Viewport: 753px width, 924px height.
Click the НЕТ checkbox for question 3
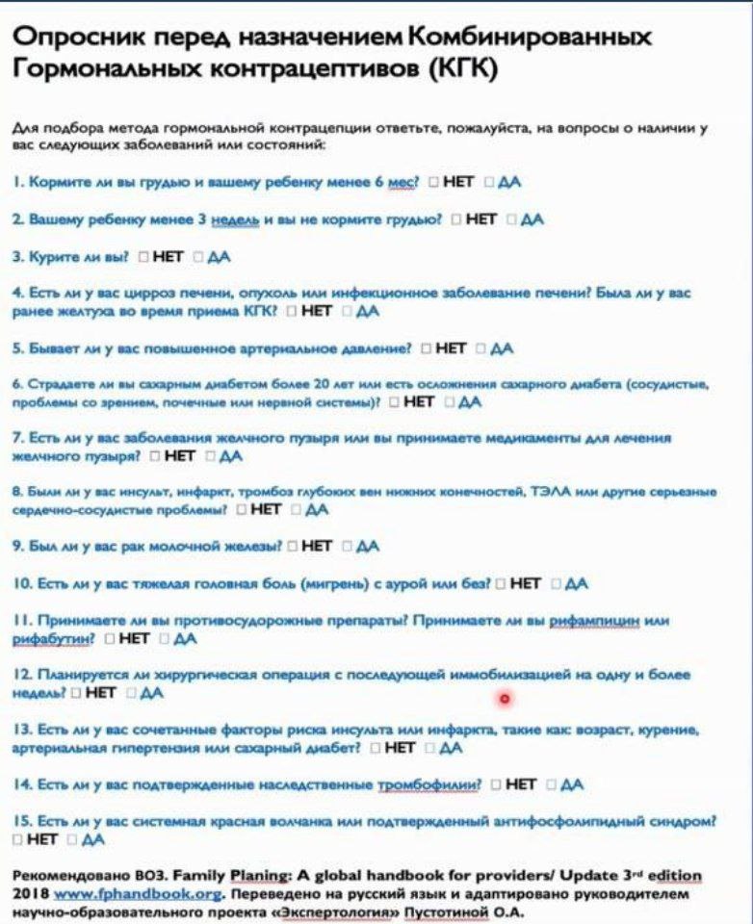pos(143,257)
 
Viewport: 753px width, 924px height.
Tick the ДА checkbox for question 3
pos(198,257)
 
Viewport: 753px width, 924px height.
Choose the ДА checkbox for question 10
pos(557,582)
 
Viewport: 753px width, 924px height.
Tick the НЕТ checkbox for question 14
pos(495,784)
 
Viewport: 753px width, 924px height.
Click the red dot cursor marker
pos(504,698)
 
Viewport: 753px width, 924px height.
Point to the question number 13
pos(23,730)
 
